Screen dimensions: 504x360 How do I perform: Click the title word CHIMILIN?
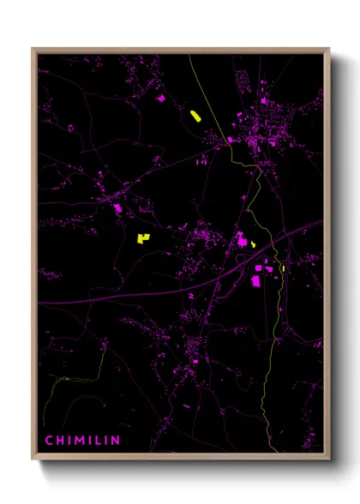(83, 441)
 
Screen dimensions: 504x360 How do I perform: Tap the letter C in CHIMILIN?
(49, 441)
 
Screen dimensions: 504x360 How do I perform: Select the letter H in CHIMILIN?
(60, 441)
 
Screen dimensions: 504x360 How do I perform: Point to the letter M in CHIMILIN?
(79, 441)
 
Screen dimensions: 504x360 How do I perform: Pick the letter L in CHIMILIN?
(97, 441)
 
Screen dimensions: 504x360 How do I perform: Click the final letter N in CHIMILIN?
(117, 441)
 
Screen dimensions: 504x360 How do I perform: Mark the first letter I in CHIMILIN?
(69, 441)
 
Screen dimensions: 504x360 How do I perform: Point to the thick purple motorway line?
(129, 297)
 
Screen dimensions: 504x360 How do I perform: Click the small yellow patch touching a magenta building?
(254, 243)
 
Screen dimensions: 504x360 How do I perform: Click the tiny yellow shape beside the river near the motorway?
(282, 268)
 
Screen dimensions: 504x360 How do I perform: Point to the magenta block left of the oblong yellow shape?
(160, 99)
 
